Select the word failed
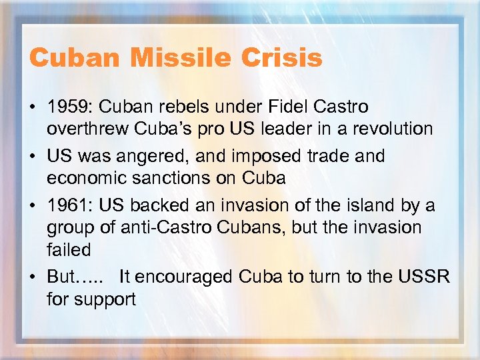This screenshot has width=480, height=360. click(x=69, y=249)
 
